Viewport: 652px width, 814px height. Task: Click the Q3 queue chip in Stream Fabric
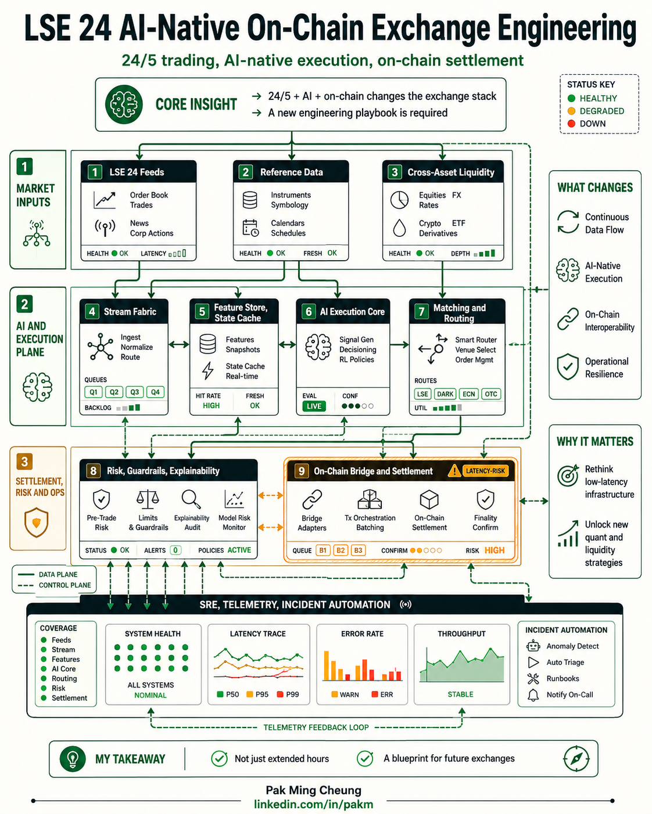coord(134,392)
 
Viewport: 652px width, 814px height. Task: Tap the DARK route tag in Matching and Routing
coord(445,394)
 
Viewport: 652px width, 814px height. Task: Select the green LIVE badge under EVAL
coord(314,406)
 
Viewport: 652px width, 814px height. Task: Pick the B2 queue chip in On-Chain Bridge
coord(341,550)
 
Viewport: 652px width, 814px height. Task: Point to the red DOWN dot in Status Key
coord(571,124)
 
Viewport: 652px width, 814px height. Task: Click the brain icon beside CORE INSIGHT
coord(124,105)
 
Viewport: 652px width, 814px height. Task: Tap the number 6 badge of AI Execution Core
coord(309,312)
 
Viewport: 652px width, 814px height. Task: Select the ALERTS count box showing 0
coord(175,550)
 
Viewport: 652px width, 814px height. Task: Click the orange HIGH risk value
coord(494,550)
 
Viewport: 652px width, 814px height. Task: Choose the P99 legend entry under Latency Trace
coord(288,694)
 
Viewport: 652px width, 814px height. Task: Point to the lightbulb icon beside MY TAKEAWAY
coord(73,758)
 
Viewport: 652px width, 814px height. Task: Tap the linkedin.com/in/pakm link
coord(313,804)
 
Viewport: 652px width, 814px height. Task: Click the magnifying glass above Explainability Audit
coord(191,499)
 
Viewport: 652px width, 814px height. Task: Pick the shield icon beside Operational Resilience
coord(568,366)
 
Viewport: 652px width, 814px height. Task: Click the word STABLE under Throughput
coord(460,694)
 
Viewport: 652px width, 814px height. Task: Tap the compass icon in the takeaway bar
coord(576,758)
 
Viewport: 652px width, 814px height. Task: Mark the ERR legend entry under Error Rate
coord(382,694)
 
